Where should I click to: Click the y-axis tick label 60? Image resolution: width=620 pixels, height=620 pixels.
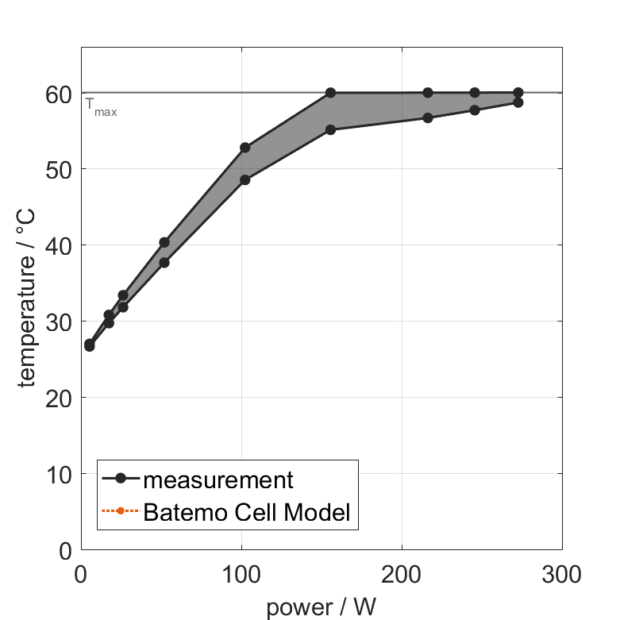pos(59,94)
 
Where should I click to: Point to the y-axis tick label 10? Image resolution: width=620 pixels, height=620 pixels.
pos(59,475)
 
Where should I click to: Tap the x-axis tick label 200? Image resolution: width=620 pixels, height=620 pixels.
pos(402,573)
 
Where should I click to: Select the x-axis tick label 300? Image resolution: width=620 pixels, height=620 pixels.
pos(562,573)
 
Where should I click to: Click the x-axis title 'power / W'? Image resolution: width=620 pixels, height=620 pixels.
pos(322,607)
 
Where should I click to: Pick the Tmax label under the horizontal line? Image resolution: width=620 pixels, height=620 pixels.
pos(101,107)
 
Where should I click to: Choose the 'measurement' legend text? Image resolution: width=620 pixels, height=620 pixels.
pos(218,479)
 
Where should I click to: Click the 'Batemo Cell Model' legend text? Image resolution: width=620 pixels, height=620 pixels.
pos(247,512)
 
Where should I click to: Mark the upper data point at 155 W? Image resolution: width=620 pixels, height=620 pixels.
pos(330,93)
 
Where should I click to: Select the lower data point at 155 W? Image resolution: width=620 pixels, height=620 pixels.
pos(330,129)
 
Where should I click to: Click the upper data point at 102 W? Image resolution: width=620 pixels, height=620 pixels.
pos(245,148)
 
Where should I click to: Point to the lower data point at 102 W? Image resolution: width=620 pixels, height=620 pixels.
pos(245,179)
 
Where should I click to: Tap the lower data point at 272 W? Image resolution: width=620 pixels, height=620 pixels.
pos(518,102)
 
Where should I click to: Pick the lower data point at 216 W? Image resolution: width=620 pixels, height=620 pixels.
pos(428,117)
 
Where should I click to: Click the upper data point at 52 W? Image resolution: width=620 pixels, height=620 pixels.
pos(164,242)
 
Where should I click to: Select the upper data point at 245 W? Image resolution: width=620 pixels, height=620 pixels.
pos(475,93)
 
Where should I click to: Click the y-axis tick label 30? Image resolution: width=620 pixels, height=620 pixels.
pos(59,322)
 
